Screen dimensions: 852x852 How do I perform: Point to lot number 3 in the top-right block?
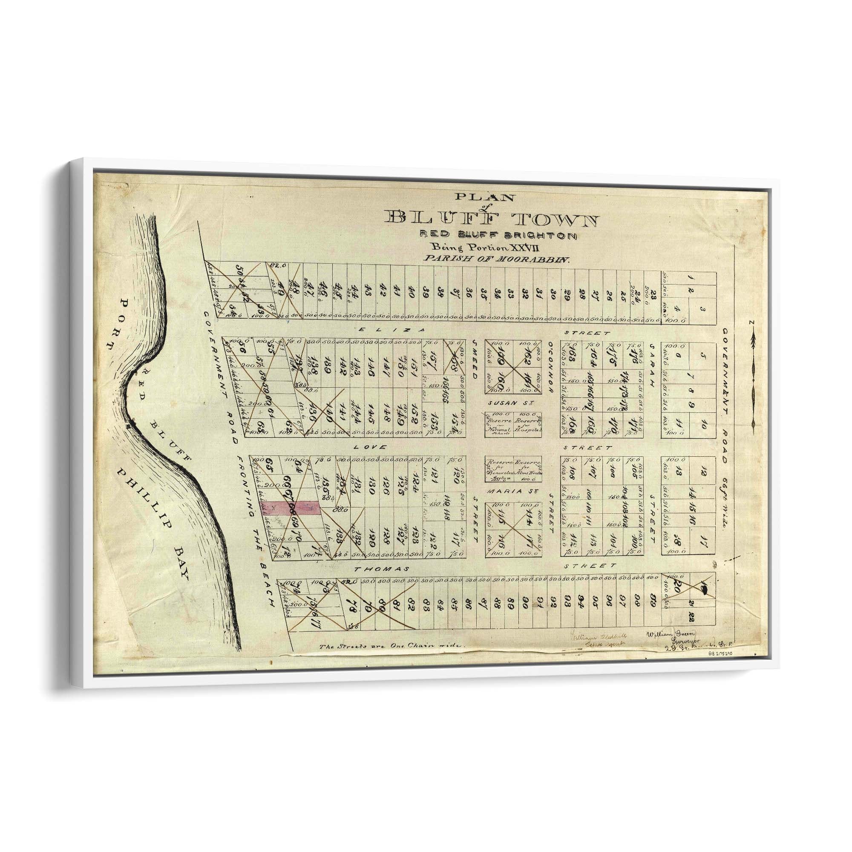tap(702, 310)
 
